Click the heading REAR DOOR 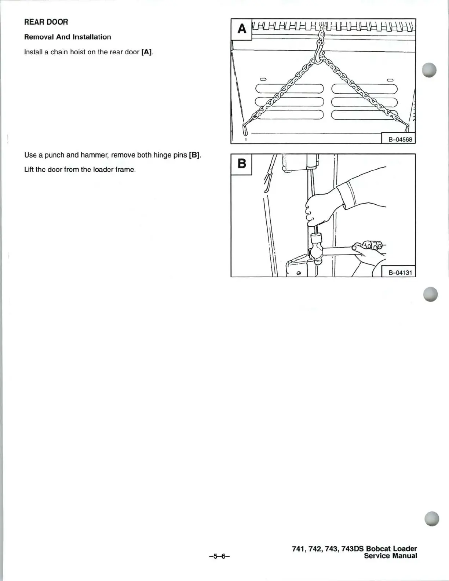[46, 22]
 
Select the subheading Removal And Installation [67, 37]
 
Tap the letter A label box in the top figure [241, 29]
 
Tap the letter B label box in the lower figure [241, 164]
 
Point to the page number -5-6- [219, 556]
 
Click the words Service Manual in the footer [390, 556]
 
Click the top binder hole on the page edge [429, 70]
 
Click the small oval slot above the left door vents [264, 79]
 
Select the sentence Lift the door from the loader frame [80, 170]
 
